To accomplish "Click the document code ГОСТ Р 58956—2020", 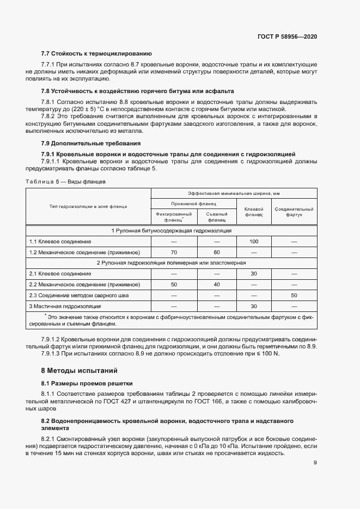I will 287,36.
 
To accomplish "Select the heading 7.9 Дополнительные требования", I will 91,143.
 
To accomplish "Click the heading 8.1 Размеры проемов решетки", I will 87,383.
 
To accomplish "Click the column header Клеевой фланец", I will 254,212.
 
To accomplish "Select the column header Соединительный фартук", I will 294,212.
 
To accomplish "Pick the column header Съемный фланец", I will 216,217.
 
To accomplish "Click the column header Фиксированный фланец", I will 174,217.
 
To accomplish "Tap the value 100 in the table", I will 254,241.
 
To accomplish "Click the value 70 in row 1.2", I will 174,252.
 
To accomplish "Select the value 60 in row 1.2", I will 216,252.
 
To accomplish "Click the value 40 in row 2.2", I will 216,285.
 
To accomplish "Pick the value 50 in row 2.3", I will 294,296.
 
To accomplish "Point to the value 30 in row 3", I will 254,306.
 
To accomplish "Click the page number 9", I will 315,463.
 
